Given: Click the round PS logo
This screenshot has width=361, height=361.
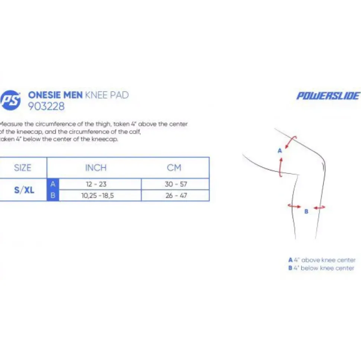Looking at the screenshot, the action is (x=10, y=100).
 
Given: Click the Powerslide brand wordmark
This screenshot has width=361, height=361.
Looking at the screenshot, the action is (x=328, y=96).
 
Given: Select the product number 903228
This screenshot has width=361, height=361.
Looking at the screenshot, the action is (x=46, y=106).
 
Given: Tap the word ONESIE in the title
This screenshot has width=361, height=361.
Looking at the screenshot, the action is (x=44, y=95).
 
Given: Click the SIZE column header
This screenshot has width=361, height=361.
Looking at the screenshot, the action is (x=23, y=168).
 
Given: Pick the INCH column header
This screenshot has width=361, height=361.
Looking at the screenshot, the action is (x=96, y=168).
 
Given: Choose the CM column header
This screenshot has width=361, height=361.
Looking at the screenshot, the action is (x=174, y=168).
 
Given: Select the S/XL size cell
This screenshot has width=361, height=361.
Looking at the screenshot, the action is (x=24, y=190).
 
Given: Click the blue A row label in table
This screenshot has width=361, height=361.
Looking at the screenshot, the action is (x=53, y=184).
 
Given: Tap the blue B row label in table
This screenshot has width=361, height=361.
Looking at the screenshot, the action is (x=53, y=195).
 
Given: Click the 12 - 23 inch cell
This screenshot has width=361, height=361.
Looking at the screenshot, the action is (x=96, y=184).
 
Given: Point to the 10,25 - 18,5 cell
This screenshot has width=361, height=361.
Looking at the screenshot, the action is (x=98, y=195).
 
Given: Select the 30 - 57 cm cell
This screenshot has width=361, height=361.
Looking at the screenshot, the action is (x=176, y=184).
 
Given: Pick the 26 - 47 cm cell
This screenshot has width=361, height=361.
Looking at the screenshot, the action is (x=176, y=195).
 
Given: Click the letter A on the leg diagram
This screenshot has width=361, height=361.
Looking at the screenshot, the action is (x=280, y=151).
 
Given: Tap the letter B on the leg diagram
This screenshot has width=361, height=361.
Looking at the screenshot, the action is (x=306, y=211).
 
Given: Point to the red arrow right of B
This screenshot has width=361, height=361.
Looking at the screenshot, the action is (x=320, y=208).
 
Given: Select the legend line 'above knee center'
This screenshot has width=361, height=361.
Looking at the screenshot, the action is (x=322, y=260).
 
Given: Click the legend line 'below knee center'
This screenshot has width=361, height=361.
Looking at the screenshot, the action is (x=321, y=268).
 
